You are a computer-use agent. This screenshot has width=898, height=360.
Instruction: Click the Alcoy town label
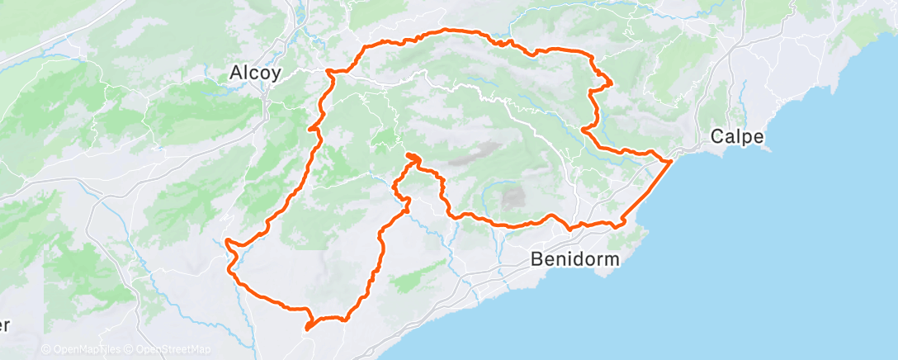coord(255,73)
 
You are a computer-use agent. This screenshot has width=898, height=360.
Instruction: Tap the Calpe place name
coord(740,137)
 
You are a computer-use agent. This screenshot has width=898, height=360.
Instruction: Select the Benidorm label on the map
coord(574,259)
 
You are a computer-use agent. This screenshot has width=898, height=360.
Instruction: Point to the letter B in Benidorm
coord(536,259)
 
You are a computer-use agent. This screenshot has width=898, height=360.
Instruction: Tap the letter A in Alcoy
coord(234,73)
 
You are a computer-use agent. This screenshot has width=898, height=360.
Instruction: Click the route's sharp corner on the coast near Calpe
coord(669,161)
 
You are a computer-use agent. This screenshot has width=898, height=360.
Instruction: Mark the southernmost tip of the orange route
coord(306,329)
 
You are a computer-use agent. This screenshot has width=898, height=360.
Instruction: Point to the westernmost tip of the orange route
coord(225,242)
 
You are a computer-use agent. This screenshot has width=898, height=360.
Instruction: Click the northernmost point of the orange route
coord(450,31)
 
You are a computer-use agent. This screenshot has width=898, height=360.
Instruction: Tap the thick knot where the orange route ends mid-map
coord(412,157)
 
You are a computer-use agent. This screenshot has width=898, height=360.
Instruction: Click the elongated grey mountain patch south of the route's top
coord(482,150)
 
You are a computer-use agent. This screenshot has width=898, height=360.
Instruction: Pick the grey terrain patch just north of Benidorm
coord(513,198)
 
